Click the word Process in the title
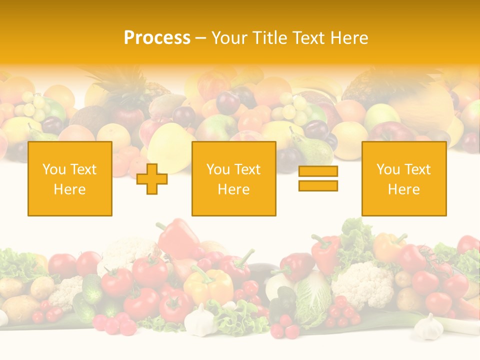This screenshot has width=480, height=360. tap(157, 38)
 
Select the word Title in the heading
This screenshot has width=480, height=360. tap(269, 38)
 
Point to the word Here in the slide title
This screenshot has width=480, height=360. tap(350, 38)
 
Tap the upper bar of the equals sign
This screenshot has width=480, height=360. tap(318, 171)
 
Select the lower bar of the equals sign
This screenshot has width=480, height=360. tap(318, 185)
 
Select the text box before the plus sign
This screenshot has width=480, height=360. tap(69, 178)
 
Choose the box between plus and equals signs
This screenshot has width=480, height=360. tap(233, 178)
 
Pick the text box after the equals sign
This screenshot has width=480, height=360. tap(403, 178)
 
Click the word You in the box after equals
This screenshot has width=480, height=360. tap(387, 169)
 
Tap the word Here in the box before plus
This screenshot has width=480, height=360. tap(69, 189)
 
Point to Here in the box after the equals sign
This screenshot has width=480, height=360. tap(403, 189)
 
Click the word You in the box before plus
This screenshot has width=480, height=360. tap(53, 169)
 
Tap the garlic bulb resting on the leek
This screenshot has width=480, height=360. tap(429, 327)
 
